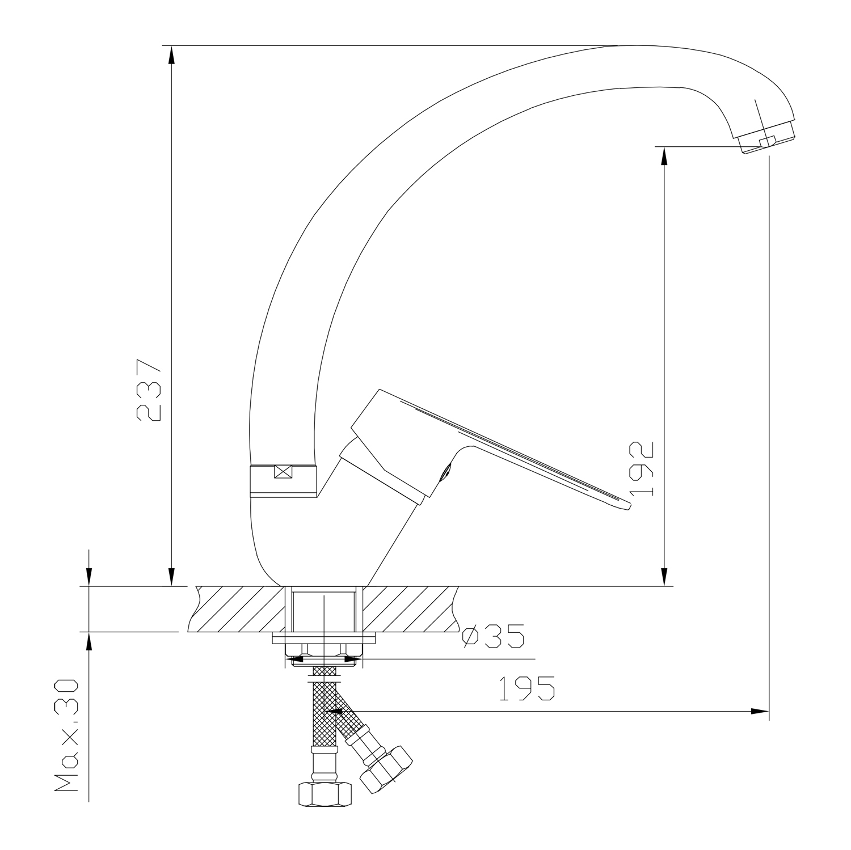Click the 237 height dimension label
tap(150, 390)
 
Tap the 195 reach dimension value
tap(527, 688)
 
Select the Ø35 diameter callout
tap(492, 637)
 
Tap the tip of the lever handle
tap(627, 506)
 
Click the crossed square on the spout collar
tap(283, 472)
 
